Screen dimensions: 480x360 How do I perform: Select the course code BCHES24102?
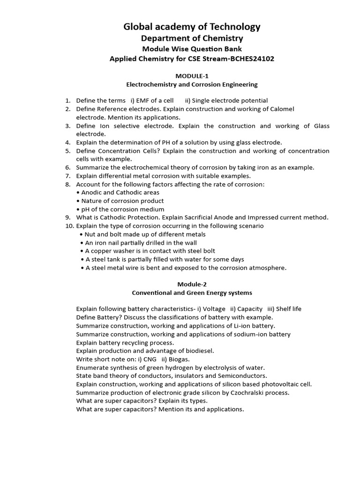click(x=251, y=59)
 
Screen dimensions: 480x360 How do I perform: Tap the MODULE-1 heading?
click(x=192, y=76)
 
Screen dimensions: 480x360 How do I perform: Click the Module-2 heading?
click(x=192, y=284)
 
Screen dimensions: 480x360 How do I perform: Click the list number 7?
click(x=67, y=176)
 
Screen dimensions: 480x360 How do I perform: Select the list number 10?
click(x=69, y=226)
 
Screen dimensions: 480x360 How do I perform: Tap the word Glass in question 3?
click(x=321, y=126)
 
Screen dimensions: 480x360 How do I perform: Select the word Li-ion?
click(x=239, y=326)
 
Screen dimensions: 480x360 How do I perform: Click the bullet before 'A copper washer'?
click(x=82, y=251)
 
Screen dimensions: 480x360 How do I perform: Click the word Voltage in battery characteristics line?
click(x=214, y=309)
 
